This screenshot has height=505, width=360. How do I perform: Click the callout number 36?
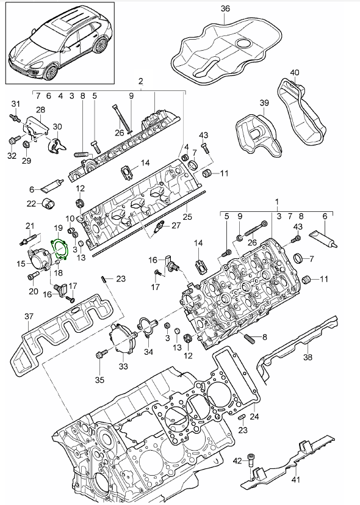225,9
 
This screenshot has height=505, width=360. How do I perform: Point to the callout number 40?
295,73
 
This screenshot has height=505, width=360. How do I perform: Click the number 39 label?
264,103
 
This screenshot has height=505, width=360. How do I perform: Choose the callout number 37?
29,316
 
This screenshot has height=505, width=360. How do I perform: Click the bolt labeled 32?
12,140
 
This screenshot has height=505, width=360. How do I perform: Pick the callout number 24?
255,418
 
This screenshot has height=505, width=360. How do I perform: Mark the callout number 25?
187,216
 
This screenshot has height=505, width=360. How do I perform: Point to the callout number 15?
21,264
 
